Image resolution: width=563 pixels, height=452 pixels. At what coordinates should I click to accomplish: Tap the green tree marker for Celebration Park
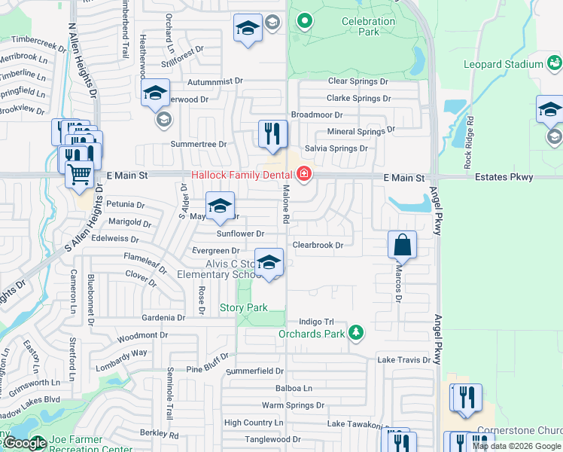tap(305, 20)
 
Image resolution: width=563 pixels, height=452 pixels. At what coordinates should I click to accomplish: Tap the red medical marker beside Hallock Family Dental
tap(304, 175)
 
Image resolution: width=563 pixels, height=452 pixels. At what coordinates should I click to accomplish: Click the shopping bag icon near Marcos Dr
tap(403, 246)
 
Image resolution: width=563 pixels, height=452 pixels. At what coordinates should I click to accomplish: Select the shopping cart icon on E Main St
tap(80, 175)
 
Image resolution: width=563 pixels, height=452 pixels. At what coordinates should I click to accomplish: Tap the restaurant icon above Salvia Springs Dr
tap(272, 135)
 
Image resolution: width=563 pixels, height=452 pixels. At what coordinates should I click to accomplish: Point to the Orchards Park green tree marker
tap(356, 332)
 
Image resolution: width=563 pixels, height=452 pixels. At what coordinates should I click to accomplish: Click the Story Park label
tap(243, 307)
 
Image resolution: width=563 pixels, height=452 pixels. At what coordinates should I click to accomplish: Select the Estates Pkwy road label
tap(504, 178)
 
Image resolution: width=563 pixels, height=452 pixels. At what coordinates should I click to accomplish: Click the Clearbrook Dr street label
tap(318, 245)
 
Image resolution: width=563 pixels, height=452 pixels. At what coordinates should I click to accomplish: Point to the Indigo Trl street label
tap(315, 321)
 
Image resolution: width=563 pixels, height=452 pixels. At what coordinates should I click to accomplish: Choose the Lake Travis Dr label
tap(404, 360)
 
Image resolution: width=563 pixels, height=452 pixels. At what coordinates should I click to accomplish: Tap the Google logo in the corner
tap(24, 443)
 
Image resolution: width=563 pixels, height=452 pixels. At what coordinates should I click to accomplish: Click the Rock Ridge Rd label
tap(468, 141)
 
